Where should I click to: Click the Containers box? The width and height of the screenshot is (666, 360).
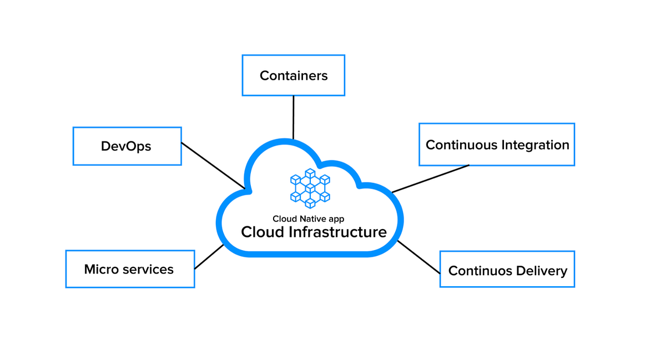click(x=293, y=75)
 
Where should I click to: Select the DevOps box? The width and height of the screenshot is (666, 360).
click(x=127, y=146)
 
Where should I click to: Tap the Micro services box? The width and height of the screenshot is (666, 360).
click(x=130, y=269)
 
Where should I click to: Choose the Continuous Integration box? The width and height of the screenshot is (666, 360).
click(x=496, y=145)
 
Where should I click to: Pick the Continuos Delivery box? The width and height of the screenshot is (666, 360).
click(x=507, y=270)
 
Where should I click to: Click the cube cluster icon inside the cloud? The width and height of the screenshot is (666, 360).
click(x=310, y=188)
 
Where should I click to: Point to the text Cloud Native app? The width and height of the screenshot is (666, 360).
click(x=308, y=219)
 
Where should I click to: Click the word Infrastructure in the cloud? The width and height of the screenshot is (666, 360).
click(x=338, y=232)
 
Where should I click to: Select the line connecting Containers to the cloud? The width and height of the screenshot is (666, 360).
click(x=293, y=117)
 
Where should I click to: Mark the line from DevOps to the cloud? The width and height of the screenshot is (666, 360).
click(x=213, y=165)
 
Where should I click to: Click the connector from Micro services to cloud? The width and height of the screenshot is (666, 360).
click(x=209, y=257)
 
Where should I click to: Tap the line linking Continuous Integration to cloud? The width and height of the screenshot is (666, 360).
click(x=430, y=179)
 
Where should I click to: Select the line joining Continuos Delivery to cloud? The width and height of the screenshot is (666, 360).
click(x=419, y=257)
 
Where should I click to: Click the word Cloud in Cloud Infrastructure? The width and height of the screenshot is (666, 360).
click(x=263, y=232)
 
